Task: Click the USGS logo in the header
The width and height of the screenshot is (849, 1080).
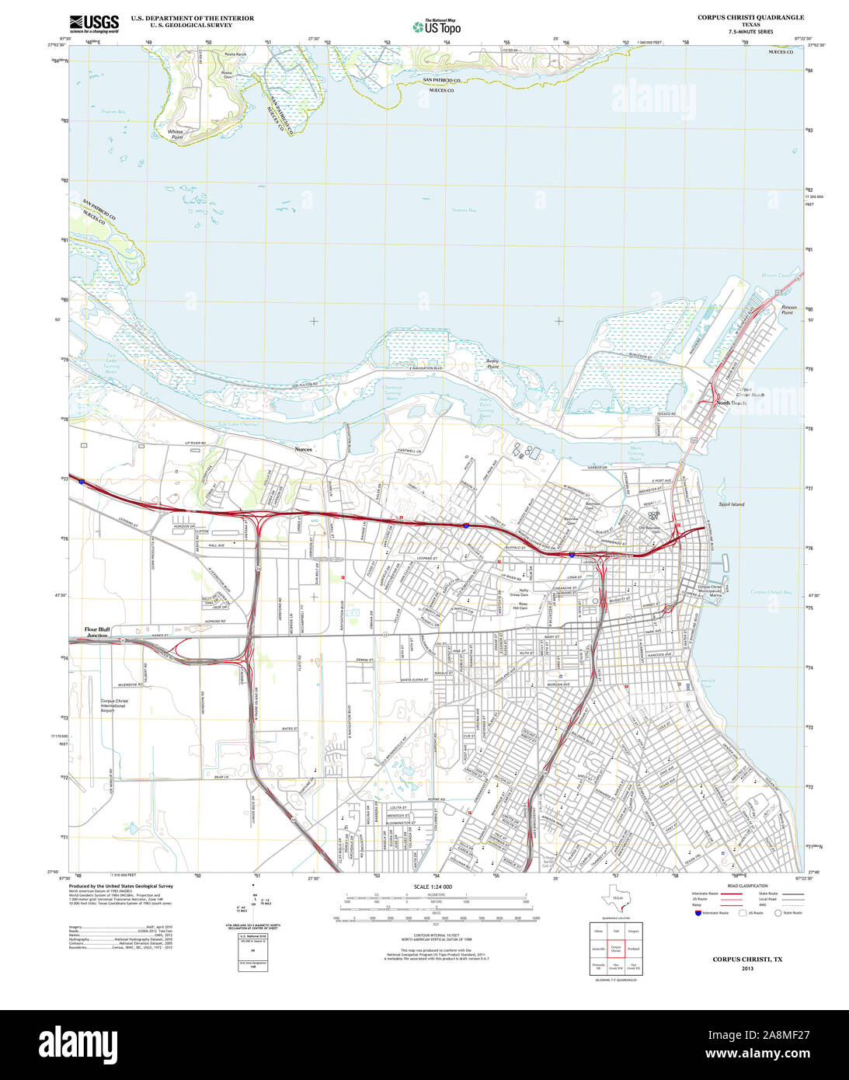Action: coord(94,23)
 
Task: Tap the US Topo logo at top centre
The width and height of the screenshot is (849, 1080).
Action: coord(437,26)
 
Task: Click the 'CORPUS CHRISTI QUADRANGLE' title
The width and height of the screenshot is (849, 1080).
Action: coord(750,17)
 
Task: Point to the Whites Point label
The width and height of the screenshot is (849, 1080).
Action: coord(176,134)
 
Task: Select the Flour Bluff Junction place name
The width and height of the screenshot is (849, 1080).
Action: coord(96,632)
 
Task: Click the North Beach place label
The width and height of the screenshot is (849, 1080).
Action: coord(731,403)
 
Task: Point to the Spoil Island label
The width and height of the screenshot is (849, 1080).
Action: coord(731,504)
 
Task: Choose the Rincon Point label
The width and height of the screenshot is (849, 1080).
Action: coord(788,310)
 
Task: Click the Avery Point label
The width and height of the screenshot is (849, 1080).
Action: coord(492,363)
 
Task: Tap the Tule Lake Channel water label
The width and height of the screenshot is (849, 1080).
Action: coord(238,425)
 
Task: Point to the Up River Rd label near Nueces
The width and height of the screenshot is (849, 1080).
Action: coord(198,444)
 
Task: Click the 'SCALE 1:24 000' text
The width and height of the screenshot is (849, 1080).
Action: coord(433,887)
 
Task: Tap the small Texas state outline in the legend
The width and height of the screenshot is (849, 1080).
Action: coord(615,900)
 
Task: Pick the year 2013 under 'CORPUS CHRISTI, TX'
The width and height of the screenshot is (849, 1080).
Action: coord(747,968)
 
